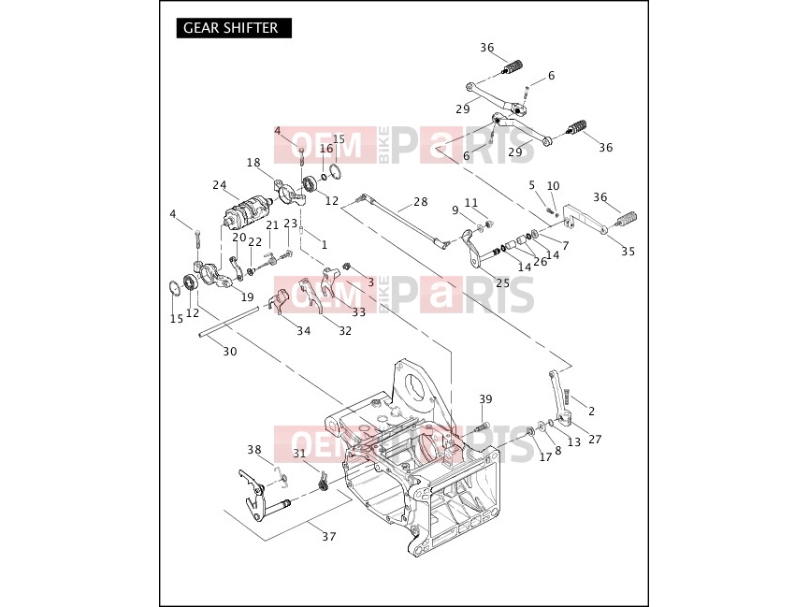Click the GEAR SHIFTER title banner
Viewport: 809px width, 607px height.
coord(234,28)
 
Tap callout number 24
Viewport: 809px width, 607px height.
coord(219,185)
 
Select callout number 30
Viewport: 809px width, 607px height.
coord(229,352)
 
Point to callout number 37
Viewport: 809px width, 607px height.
coord(328,536)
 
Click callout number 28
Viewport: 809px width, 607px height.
coord(421,202)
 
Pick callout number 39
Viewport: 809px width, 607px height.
coord(485,399)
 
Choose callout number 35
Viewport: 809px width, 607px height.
coord(628,252)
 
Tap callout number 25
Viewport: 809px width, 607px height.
coord(502,282)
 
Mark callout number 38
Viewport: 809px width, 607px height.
coord(253,450)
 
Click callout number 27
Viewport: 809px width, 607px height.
coord(595,440)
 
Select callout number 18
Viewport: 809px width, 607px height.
coord(253,163)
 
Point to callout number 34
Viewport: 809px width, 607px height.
coord(303,331)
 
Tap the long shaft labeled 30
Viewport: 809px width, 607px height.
coord(228,322)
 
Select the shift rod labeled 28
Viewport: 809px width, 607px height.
coord(403,222)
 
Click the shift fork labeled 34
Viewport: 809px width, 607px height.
coord(279,301)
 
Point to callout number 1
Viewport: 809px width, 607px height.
coord(324,245)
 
